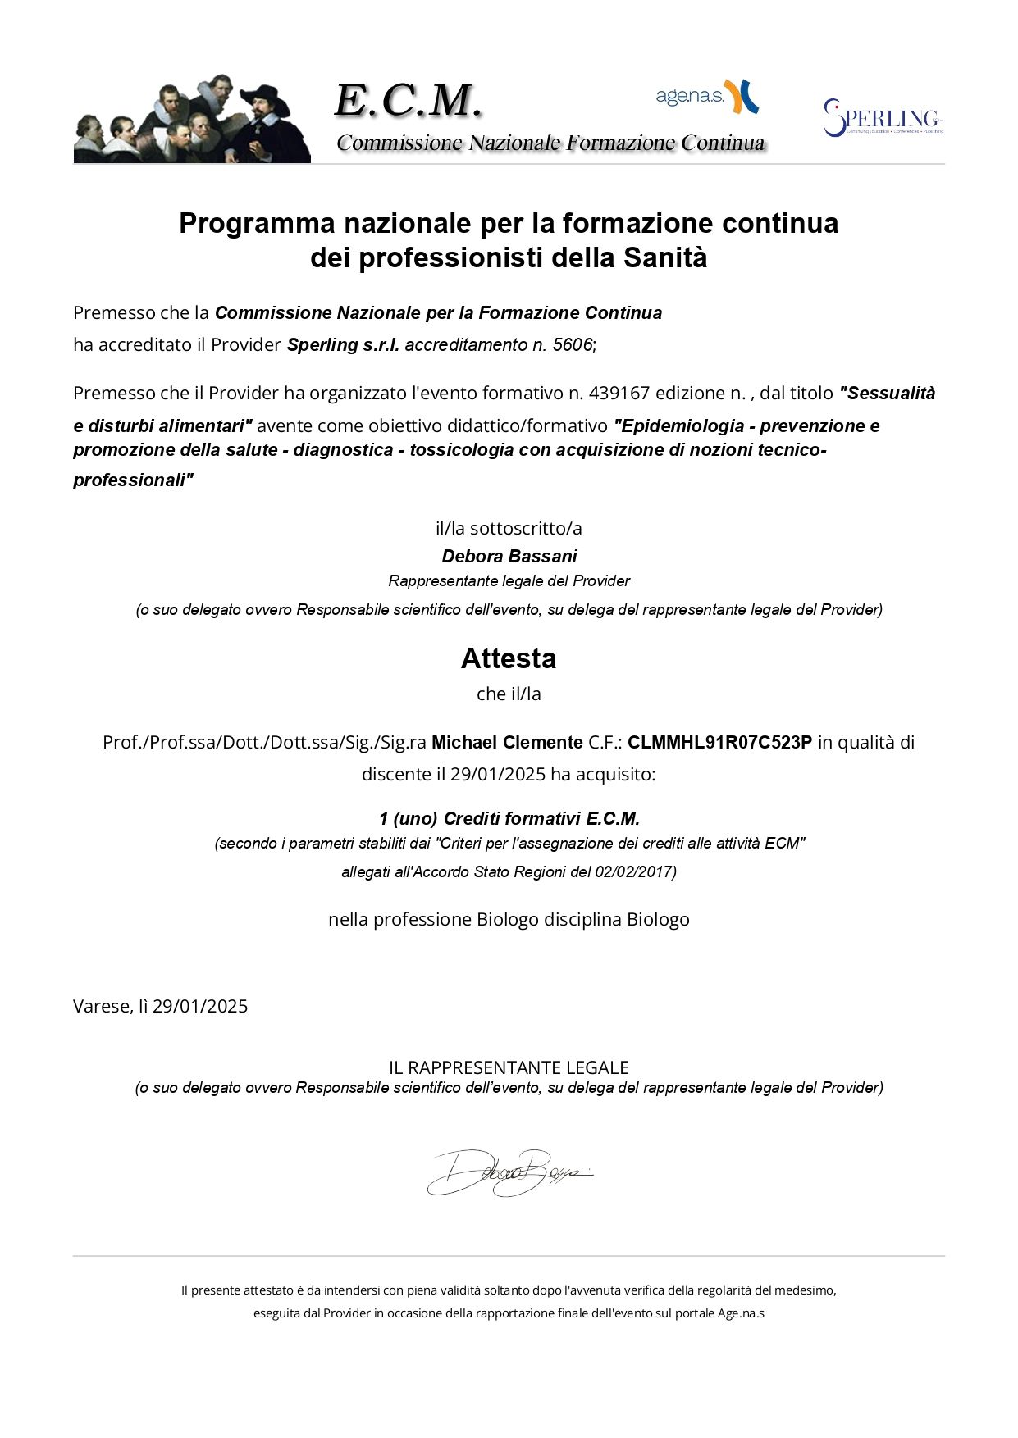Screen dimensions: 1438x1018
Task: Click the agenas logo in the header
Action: click(x=706, y=97)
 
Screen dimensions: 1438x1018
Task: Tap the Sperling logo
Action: click(x=883, y=118)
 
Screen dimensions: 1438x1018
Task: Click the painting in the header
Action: click(x=192, y=120)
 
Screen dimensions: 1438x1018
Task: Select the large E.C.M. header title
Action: click(x=408, y=101)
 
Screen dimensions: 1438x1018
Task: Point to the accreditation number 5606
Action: click(x=572, y=345)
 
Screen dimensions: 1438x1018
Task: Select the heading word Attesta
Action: click(x=509, y=658)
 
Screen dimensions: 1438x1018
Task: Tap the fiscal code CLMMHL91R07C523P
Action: click(x=719, y=743)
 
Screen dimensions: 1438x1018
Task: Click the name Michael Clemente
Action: click(x=507, y=743)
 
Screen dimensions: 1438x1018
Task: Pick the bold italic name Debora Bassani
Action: click(x=509, y=557)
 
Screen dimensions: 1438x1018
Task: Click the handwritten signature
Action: click(x=509, y=1172)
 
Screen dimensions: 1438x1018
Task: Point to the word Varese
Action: click(x=101, y=1007)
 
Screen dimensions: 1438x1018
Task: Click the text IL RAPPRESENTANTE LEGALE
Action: click(x=509, y=1067)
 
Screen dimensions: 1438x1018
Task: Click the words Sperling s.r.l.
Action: click(x=343, y=345)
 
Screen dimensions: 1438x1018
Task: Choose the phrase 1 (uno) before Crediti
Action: click(x=408, y=819)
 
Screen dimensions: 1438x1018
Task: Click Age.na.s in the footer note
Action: click(x=741, y=1313)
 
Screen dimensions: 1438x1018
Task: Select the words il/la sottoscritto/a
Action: click(x=509, y=529)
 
